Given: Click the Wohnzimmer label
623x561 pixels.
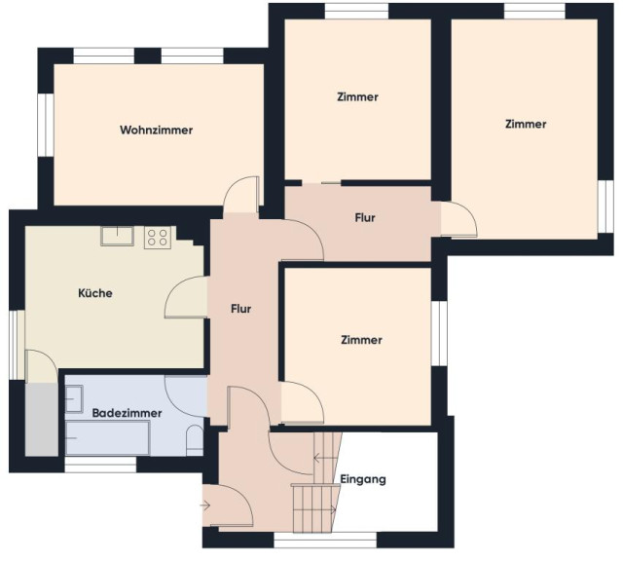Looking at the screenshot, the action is coord(156,130).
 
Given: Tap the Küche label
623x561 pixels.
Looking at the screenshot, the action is coord(95,293).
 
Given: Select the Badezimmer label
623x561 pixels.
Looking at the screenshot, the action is coord(127,413).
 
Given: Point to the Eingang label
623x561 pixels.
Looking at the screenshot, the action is coord(363,479).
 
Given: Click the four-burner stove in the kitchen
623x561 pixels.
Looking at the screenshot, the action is coord(158,238).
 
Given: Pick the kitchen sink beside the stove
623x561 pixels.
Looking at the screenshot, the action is coord(117,236).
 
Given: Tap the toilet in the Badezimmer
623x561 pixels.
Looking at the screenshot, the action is coord(195,440).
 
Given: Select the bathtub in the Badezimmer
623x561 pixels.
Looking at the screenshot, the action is coord(108,437).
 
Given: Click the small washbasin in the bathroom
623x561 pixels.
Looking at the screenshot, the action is coord(74,398).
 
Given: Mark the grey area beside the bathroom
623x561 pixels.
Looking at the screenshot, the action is coord(42,420).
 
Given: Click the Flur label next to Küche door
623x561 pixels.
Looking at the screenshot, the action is coord(240,309).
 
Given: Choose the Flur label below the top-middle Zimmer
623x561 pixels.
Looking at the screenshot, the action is coord(365,218).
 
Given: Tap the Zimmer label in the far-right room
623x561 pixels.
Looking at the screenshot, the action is coord(526,124).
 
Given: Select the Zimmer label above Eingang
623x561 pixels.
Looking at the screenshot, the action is coord(361,340).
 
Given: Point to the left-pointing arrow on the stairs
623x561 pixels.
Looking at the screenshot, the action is coord(326,459).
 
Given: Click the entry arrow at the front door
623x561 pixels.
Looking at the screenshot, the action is coord(205,505).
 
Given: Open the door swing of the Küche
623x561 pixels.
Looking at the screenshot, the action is coord(186,297).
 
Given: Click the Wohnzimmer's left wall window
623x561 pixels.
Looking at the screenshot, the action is coord(46,125).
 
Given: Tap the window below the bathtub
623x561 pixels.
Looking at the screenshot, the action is coord(100,465).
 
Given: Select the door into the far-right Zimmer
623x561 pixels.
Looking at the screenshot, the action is coord(458,219).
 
